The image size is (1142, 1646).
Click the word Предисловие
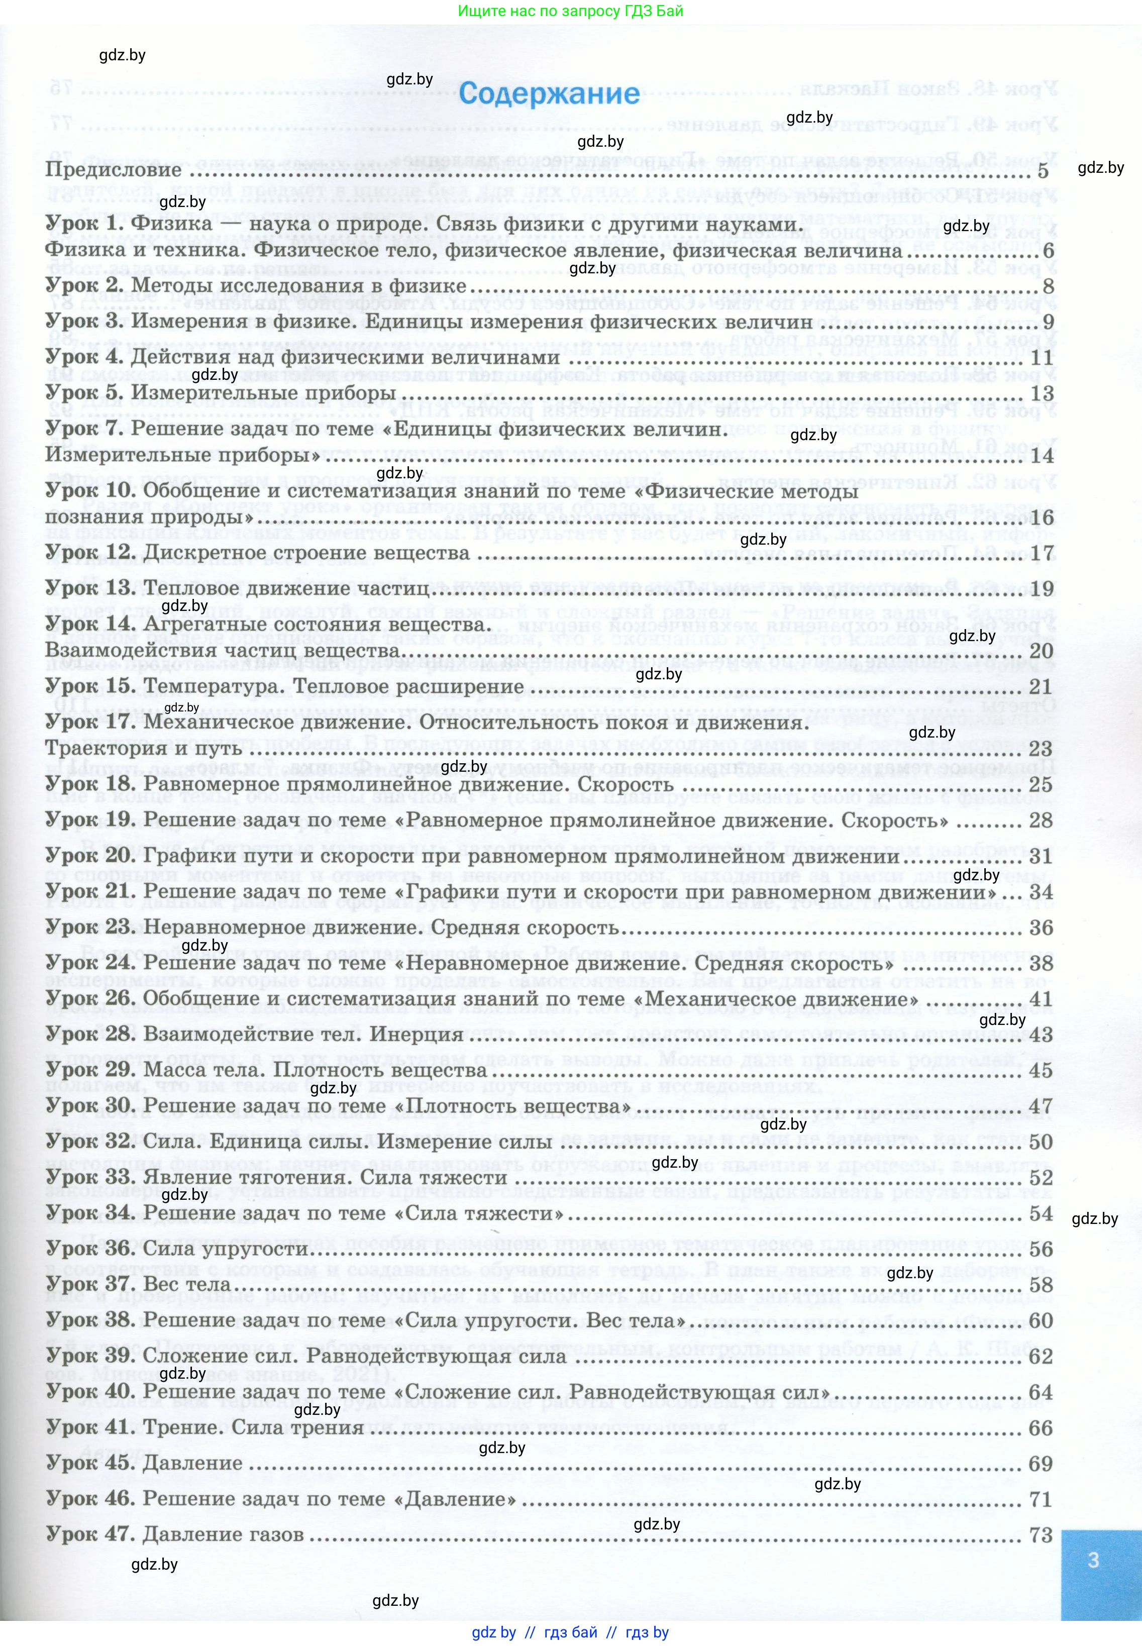tap(114, 170)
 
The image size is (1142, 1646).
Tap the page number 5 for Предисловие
tap(1043, 170)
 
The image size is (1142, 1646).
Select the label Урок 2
tap(85, 285)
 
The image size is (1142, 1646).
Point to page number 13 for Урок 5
tap(1041, 393)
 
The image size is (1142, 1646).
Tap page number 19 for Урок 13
tap(1041, 588)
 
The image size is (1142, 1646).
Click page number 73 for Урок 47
tap(1041, 1534)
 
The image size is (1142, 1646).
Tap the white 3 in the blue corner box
tap(1093, 1560)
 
